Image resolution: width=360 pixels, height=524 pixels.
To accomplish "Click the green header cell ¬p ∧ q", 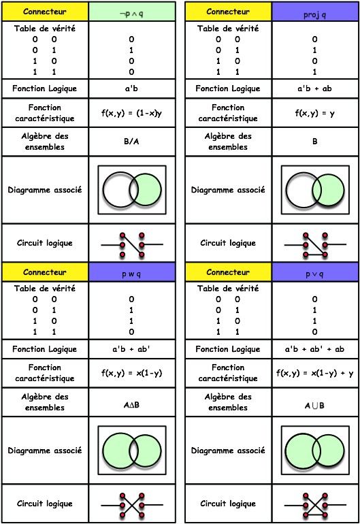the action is pyautogui.click(x=132, y=12).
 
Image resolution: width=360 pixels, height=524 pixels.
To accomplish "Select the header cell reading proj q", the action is pyautogui.click(x=315, y=12).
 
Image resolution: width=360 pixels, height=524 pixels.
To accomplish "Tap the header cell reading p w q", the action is pyautogui.click(x=132, y=272).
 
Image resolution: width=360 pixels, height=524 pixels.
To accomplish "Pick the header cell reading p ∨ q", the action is pyautogui.click(x=315, y=272).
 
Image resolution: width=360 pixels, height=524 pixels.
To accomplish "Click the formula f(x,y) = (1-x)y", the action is pyautogui.click(x=132, y=113).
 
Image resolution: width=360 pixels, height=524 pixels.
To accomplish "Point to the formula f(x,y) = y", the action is pyautogui.click(x=315, y=113).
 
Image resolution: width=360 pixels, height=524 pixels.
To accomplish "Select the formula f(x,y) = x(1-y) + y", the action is pyautogui.click(x=315, y=373).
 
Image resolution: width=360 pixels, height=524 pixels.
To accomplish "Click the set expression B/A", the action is pyautogui.click(x=131, y=142).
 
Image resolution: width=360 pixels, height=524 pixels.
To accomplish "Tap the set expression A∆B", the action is pyautogui.click(x=131, y=405).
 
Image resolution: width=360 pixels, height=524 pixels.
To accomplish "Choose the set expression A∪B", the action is pyautogui.click(x=314, y=406).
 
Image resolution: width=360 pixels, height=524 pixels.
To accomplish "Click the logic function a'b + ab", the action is pyautogui.click(x=314, y=88).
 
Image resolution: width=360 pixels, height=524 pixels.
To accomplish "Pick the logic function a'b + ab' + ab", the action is pyautogui.click(x=314, y=349).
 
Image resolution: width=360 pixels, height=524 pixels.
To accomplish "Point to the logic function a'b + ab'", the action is pyautogui.click(x=131, y=349).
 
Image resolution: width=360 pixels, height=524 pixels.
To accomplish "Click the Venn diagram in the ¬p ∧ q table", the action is pyautogui.click(x=132, y=190).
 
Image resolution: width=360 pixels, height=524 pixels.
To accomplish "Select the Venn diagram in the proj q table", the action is pyautogui.click(x=315, y=190).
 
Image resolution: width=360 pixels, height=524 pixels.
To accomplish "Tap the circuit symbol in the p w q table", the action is pyautogui.click(x=132, y=505).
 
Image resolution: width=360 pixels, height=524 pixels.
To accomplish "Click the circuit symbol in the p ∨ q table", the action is pyautogui.click(x=315, y=505).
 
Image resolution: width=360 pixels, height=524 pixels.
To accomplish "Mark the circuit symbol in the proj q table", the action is pyautogui.click(x=315, y=245).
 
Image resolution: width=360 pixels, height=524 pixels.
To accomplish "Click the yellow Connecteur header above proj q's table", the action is pyautogui.click(x=228, y=12).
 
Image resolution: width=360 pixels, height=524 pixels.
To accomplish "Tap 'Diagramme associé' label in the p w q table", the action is pyautogui.click(x=45, y=451).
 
